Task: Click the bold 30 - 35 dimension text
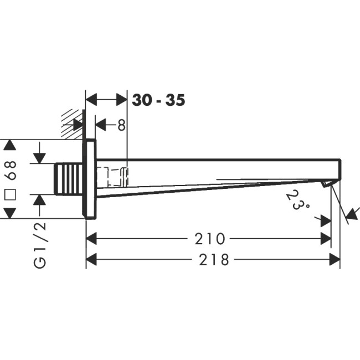[x=158, y=100]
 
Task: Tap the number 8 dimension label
[x=121, y=125]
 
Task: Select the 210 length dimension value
[x=209, y=239]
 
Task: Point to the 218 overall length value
[x=214, y=260]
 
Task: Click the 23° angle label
[x=298, y=200]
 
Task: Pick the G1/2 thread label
[x=40, y=245]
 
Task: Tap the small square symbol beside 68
[x=11, y=195]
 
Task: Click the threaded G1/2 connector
[x=69, y=179]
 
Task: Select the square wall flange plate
[x=90, y=179]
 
